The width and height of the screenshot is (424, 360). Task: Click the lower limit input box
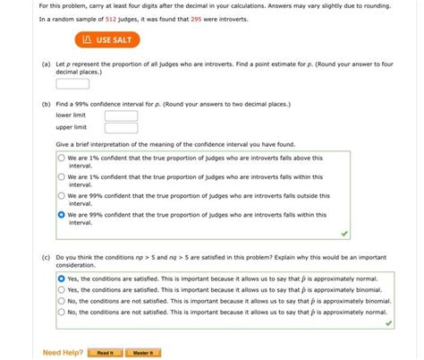coord(121,116)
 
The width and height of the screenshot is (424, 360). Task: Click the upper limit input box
coord(121,128)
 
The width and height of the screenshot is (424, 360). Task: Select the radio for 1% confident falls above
coord(61,159)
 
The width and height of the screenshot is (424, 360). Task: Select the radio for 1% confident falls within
coord(61,177)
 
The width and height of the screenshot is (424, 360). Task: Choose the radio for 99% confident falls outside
coord(61,196)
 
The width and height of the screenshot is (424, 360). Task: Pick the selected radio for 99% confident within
coord(61,215)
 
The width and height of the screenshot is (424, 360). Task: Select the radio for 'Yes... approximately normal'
coord(61,278)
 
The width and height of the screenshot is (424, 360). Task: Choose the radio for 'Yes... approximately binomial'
coord(61,289)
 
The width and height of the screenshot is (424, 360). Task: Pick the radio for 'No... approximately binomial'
coord(61,301)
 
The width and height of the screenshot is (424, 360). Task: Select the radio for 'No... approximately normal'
coord(61,312)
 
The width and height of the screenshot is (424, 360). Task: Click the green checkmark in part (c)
coord(388,323)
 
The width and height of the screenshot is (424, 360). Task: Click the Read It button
coord(105,353)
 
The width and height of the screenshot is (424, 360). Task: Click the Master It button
coord(141,353)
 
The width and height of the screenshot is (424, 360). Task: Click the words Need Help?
coord(63,353)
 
